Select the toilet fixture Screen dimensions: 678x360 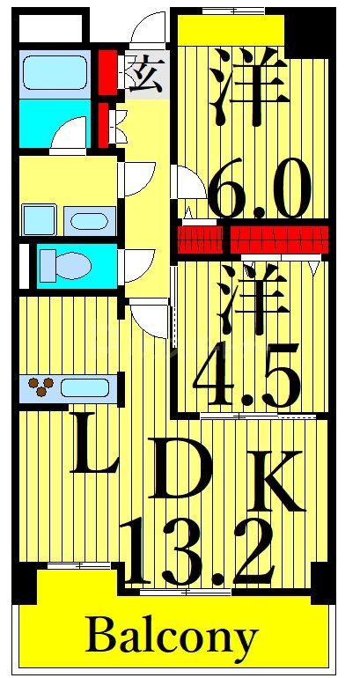point(64,263)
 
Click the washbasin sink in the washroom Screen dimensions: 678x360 point(88,219)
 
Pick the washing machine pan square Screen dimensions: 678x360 point(39,219)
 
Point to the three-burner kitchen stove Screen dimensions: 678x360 point(40,386)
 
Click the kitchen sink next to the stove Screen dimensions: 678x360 point(86,387)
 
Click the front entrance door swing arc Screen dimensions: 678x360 point(147,31)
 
